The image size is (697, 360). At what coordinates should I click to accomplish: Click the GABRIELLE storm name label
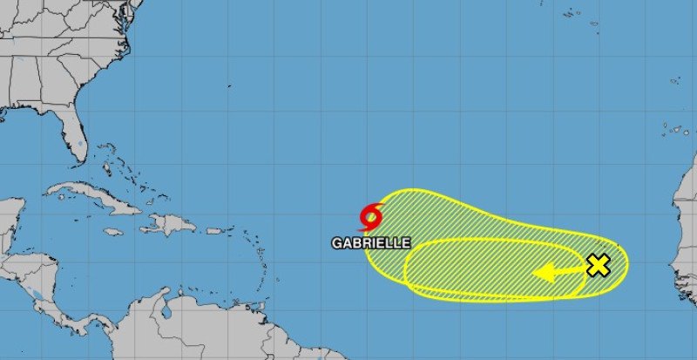coord(370,243)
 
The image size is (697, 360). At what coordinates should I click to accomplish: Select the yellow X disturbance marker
coord(598,266)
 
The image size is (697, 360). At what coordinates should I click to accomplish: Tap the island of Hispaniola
coord(170,224)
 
